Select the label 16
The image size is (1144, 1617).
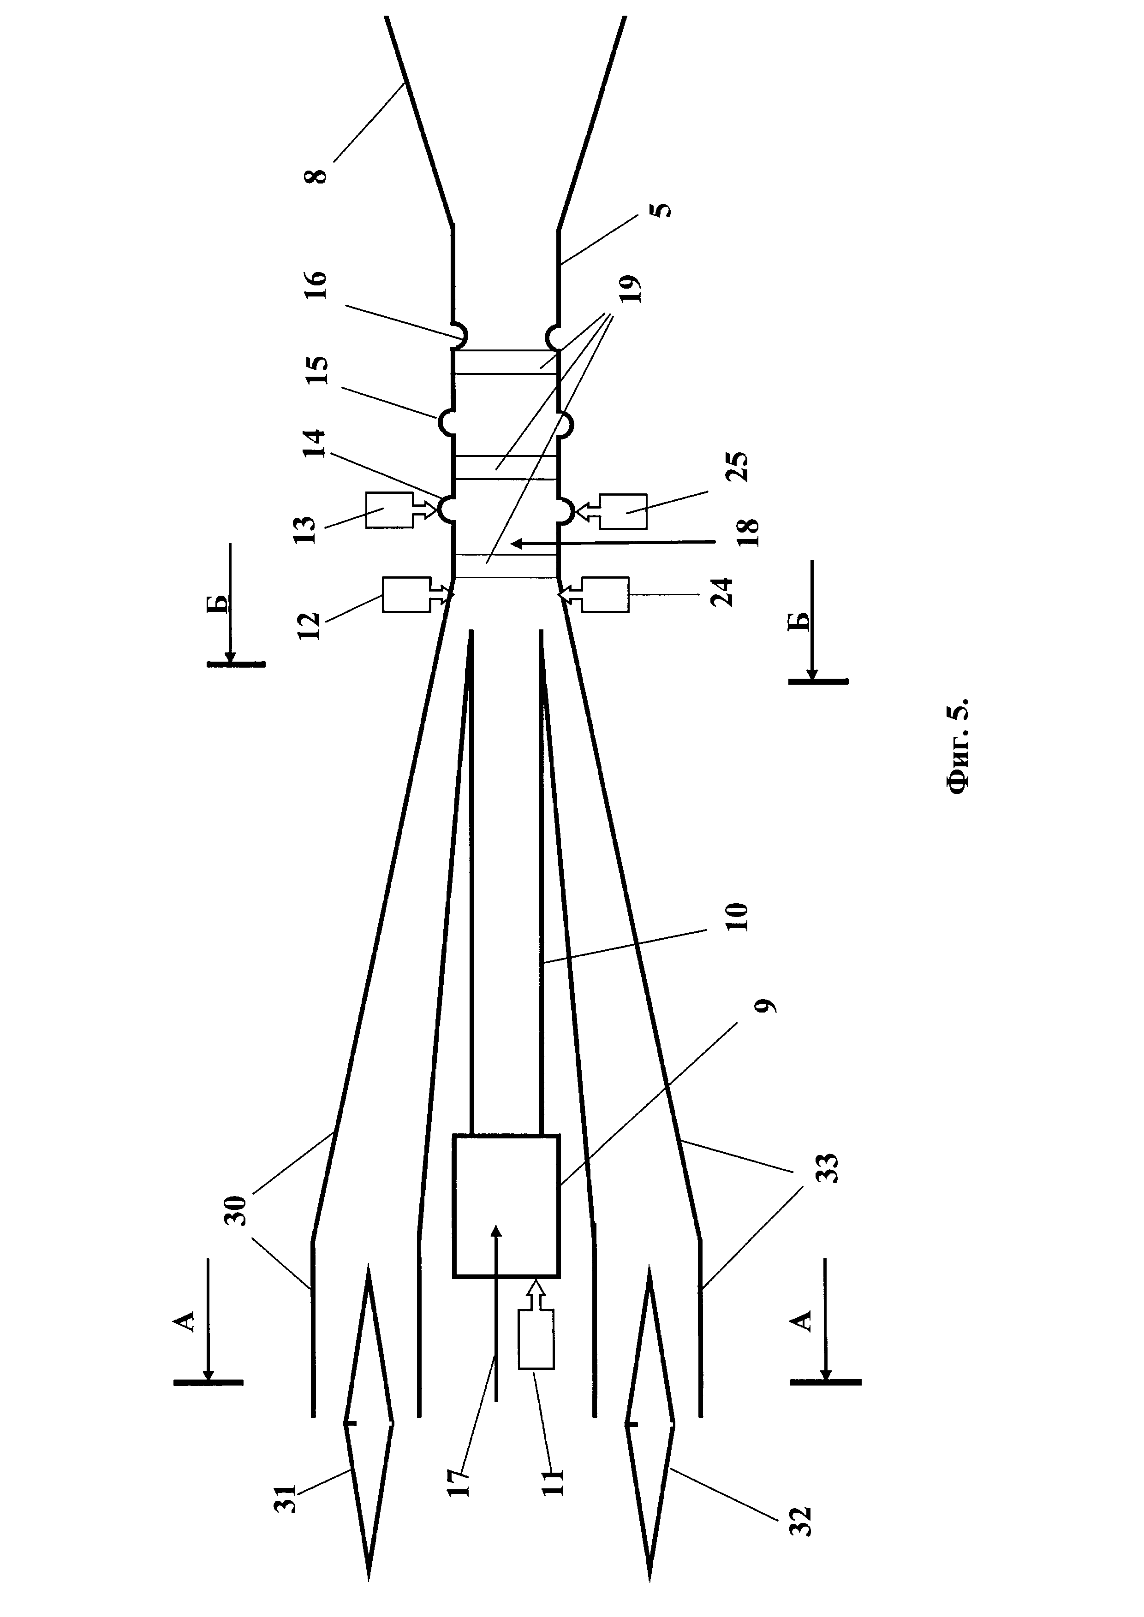pos(318,285)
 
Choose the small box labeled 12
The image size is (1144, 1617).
pos(406,595)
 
